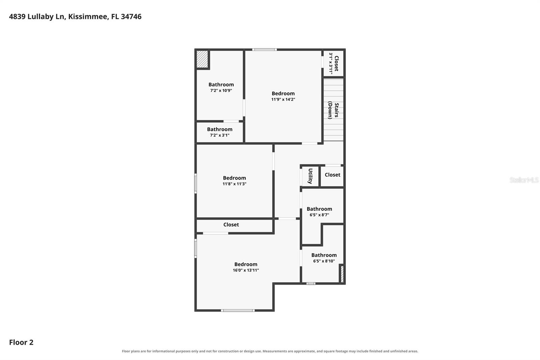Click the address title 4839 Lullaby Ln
(37, 17)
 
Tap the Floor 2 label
(21, 342)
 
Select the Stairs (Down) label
(333, 110)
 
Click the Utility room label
(310, 176)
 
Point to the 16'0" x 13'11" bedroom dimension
(246, 270)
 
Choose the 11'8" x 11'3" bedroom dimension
(234, 184)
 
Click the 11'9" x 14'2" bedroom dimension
(283, 99)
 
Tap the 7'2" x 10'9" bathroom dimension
(221, 91)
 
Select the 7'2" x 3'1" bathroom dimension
(220, 135)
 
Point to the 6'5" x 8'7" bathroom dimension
(319, 215)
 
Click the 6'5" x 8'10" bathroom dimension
(324, 261)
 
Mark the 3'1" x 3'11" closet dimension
(331, 63)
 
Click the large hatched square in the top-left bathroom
(202, 59)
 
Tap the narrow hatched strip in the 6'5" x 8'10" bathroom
(342, 274)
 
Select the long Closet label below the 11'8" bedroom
(231, 225)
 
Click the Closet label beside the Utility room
(332, 175)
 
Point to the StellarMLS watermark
(524, 180)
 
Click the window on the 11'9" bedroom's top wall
(265, 50)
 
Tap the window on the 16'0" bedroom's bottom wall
(238, 311)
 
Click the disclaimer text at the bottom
(270, 351)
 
